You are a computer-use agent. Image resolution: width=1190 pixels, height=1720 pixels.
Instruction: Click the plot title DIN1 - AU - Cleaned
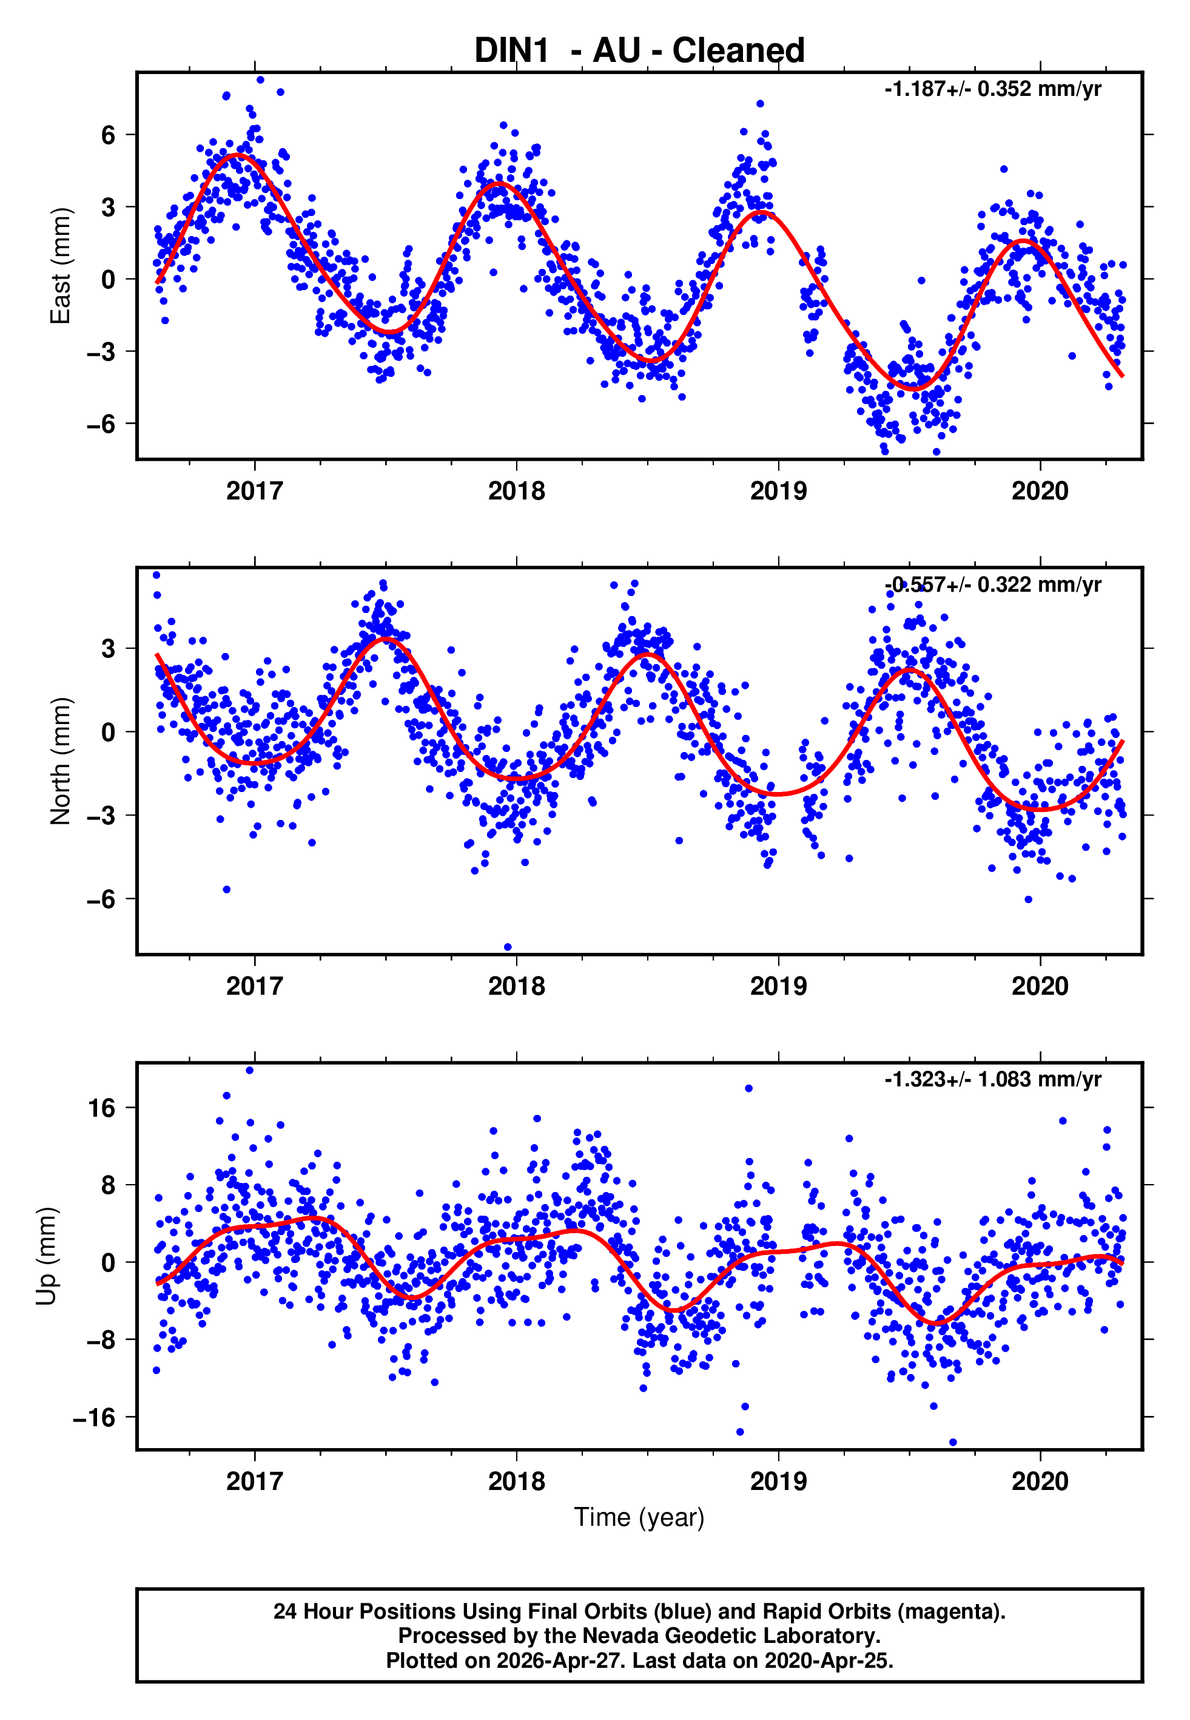(639, 51)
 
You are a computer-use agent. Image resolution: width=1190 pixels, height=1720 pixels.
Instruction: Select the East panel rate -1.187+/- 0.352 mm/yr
(992, 89)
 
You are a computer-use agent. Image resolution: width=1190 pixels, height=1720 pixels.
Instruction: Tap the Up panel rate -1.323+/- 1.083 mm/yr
(992, 1079)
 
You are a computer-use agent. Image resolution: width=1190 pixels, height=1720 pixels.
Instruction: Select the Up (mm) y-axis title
(46, 1256)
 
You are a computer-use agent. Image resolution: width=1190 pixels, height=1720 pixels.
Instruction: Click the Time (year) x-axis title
(639, 1518)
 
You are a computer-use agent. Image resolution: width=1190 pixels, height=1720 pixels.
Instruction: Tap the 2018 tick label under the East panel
(516, 491)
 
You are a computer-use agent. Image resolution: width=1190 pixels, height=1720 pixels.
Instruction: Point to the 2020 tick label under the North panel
(1040, 986)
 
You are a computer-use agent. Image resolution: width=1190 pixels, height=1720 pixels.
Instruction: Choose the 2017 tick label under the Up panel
(254, 1481)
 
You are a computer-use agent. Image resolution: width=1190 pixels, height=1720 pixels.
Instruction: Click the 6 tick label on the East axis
(109, 135)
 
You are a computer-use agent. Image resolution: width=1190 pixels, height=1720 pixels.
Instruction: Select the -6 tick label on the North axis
(101, 899)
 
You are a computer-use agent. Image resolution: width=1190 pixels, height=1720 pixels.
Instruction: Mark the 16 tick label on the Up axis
(102, 1108)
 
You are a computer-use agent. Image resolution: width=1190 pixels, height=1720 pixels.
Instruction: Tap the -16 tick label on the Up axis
(95, 1417)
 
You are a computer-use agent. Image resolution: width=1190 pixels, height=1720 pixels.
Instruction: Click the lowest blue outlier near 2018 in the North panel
(508, 947)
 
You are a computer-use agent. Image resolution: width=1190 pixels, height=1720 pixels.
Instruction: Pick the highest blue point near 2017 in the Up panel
(250, 1071)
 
